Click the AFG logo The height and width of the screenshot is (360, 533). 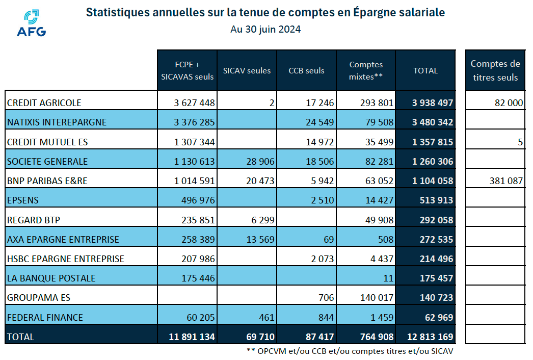pyautogui.click(x=31, y=23)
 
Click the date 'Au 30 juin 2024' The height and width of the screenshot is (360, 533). pyautogui.click(x=265, y=30)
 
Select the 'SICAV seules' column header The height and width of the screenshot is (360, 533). pyautogui.click(x=247, y=71)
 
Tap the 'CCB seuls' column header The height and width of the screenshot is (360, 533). pyautogui.click(x=306, y=71)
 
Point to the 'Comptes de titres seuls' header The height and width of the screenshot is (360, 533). pyautogui.click(x=495, y=71)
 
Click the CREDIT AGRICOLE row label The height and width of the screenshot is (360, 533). pyautogui.click(x=44, y=103)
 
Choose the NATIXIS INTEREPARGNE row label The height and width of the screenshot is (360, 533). pyautogui.click(x=57, y=122)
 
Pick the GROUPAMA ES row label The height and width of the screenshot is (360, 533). pyautogui.click(x=38, y=298)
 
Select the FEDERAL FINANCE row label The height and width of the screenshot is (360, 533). pyautogui.click(x=45, y=317)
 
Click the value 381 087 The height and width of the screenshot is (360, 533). pyautogui.click(x=505, y=181)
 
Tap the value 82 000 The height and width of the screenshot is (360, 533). pyautogui.click(x=509, y=103)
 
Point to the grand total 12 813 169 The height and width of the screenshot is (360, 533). pyautogui.click(x=430, y=337)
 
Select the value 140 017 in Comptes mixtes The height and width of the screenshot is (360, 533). pyautogui.click(x=375, y=298)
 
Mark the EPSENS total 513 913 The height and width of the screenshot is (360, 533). pyautogui.click(x=432, y=200)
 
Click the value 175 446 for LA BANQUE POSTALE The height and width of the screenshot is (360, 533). pyautogui.click(x=198, y=278)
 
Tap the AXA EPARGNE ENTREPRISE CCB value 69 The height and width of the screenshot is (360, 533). pyautogui.click(x=328, y=240)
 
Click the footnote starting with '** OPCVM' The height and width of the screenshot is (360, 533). pyautogui.click(x=350, y=351)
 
